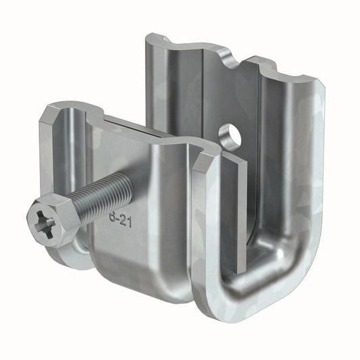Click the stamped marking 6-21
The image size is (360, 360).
(120, 220)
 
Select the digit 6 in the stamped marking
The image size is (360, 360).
(112, 217)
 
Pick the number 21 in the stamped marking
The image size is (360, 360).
(126, 222)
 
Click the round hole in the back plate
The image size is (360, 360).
(230, 136)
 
